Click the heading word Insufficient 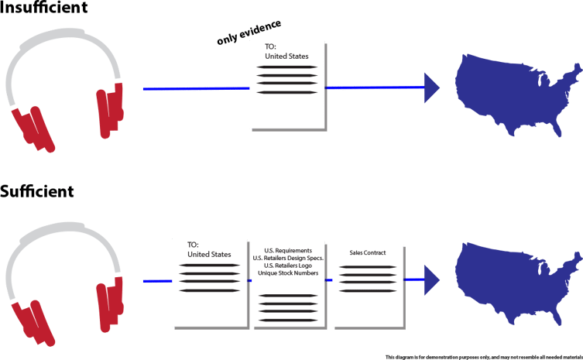coord(44,9)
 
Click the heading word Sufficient coord(37,190)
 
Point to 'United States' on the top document coord(286,57)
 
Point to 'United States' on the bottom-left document coord(209,254)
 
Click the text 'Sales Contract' coord(367,253)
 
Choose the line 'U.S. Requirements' coord(288,251)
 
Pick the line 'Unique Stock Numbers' coord(288,272)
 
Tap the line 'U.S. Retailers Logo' coord(288,265)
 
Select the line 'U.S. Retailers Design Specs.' coord(288,258)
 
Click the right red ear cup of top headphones coord(111,109)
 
